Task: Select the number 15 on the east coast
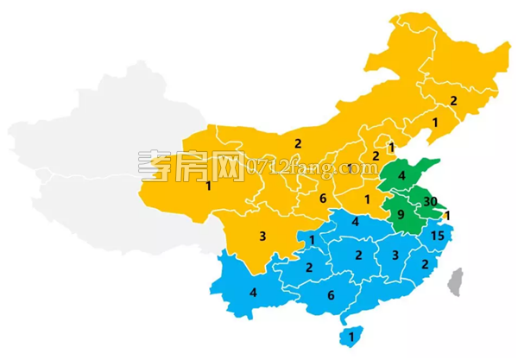click(437, 236)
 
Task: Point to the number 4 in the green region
click(401, 177)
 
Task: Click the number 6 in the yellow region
click(322, 199)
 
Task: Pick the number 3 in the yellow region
click(262, 235)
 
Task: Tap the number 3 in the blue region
click(395, 255)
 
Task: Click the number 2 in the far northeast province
click(453, 101)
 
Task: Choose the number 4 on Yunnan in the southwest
click(253, 292)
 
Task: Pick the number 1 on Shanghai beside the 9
click(447, 215)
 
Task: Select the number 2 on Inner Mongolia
click(297, 143)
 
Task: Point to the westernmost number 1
click(208, 186)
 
